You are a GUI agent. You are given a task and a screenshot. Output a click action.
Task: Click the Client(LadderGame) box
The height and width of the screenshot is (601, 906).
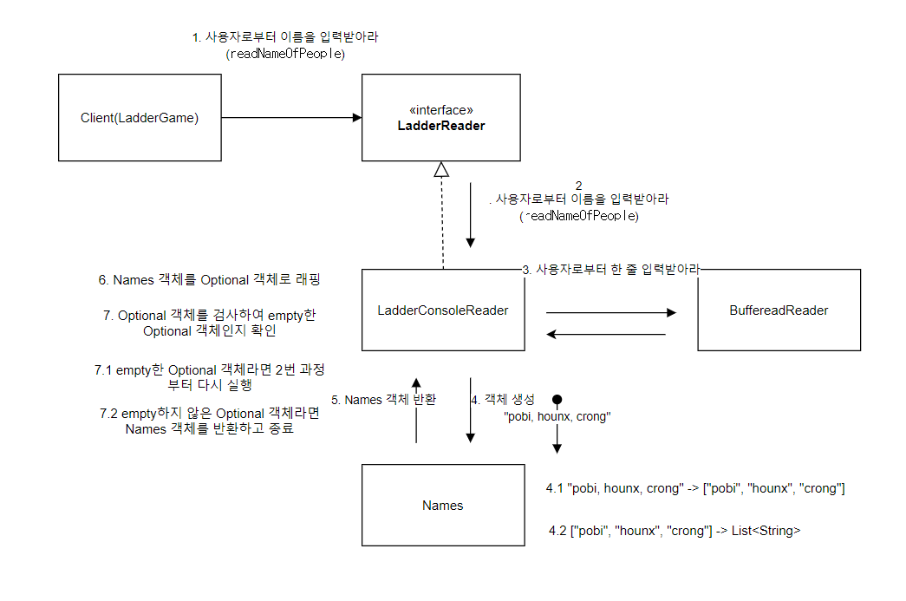[x=140, y=118]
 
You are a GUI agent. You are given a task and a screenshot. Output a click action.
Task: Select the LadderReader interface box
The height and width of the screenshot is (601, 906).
[x=440, y=118]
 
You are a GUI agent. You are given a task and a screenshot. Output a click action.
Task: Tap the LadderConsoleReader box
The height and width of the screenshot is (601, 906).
[x=443, y=310]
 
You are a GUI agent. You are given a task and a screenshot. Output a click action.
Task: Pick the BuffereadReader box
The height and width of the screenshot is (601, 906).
[x=779, y=310]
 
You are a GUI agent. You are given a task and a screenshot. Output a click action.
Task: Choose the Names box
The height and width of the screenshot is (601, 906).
[x=443, y=505]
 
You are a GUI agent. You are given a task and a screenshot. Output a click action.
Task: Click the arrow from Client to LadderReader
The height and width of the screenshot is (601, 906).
[x=291, y=118]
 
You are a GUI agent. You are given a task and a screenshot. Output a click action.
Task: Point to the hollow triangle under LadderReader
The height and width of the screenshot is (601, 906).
[x=442, y=170]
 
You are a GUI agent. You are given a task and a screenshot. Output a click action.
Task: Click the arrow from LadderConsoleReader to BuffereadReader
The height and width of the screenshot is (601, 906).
[x=610, y=312]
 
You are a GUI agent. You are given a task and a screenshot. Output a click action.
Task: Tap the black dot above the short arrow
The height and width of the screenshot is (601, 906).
[x=557, y=400]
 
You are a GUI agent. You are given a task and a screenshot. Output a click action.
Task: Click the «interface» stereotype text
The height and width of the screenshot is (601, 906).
[x=440, y=110]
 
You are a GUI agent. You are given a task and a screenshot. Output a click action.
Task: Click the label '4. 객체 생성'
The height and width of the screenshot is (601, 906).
[x=504, y=400]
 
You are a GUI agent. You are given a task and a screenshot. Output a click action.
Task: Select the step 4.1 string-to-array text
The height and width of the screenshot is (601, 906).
[x=695, y=488]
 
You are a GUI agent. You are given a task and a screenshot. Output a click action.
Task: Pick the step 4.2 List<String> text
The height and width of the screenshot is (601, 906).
[x=675, y=530]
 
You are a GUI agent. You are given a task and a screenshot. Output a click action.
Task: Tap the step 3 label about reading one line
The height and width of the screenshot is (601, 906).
[x=611, y=270]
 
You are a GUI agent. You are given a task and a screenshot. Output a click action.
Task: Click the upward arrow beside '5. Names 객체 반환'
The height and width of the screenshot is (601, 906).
[x=416, y=411]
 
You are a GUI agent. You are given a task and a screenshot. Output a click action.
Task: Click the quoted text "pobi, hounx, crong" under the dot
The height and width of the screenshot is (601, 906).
[x=557, y=416]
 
